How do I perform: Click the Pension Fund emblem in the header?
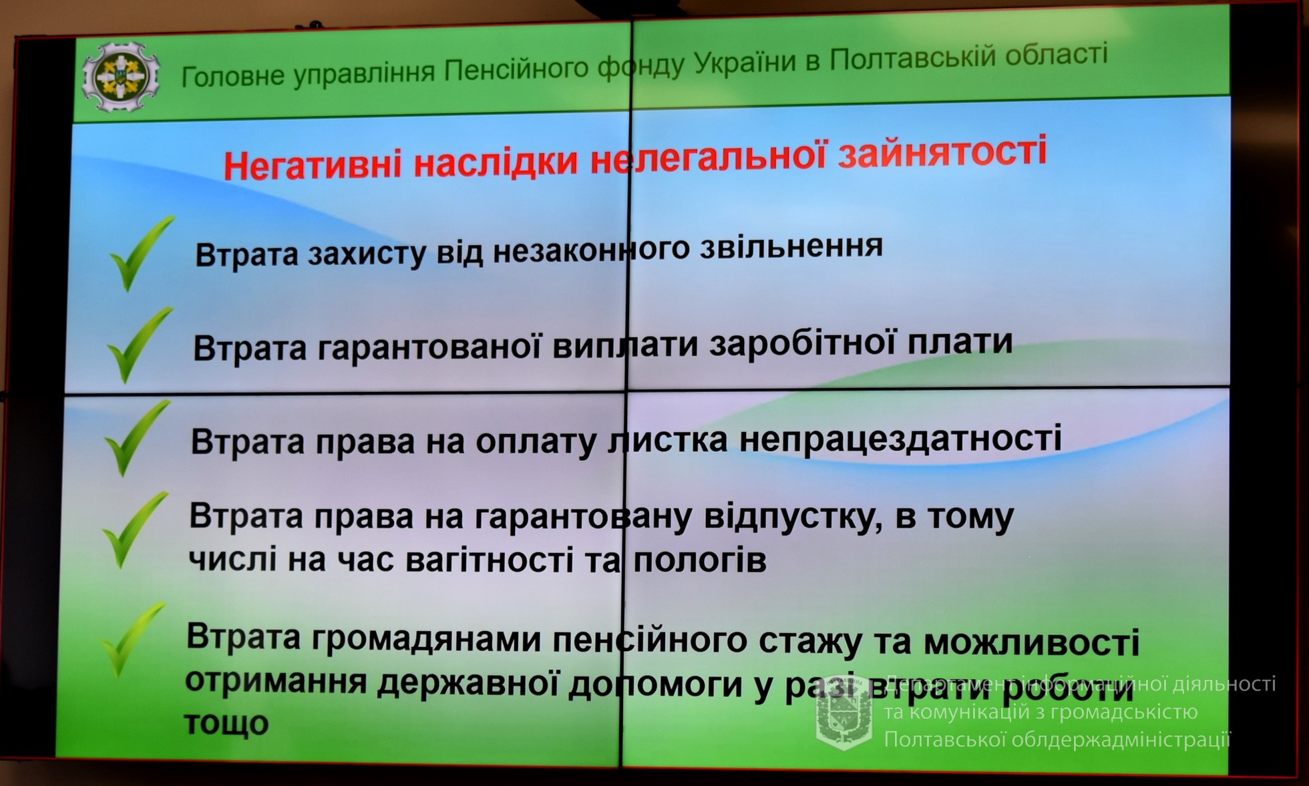pos(121,76)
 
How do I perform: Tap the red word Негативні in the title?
pos(314,164)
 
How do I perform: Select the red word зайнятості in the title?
pos(942,151)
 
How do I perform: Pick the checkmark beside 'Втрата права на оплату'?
pos(138,437)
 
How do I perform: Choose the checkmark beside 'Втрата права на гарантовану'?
pos(135,530)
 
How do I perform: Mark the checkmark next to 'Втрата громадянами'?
pos(133,640)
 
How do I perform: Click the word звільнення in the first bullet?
pos(791,246)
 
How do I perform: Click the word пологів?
pos(699,560)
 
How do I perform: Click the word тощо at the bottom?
pos(226,723)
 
